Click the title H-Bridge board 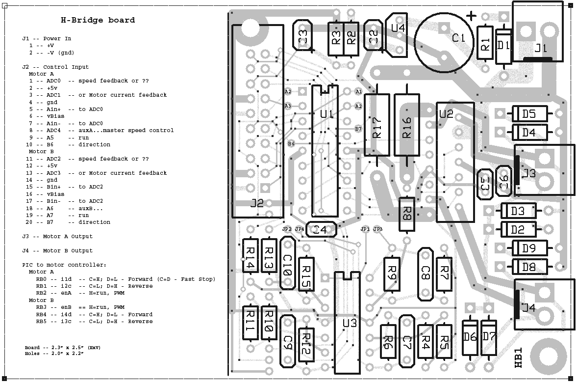98,20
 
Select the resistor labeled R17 376,125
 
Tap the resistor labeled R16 406,125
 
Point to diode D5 528,114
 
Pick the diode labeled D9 528,248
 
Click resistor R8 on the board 406,214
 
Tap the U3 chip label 350,324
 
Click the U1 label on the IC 326,114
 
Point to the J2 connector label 257,203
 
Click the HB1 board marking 519,358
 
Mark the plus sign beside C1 471,16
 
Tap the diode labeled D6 470,336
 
